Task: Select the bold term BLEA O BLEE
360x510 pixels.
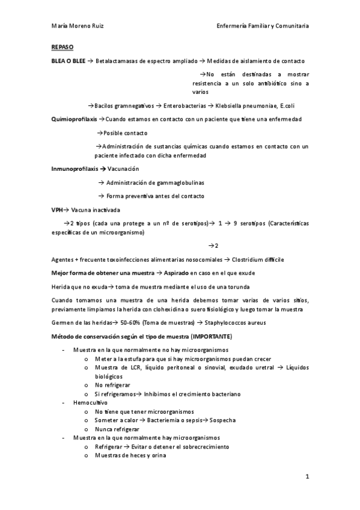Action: [x=69, y=61]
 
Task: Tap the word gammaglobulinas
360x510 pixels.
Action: [x=180, y=182]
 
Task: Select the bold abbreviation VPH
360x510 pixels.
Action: [x=57, y=210]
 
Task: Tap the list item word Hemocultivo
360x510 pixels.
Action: [x=90, y=402]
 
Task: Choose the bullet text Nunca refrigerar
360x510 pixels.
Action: [x=117, y=429]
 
